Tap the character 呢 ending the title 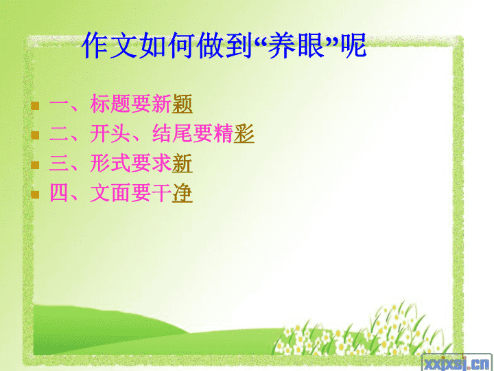353,45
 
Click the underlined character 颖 183,104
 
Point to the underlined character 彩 244,133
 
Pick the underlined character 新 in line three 183,164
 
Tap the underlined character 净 183,193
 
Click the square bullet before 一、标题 35,105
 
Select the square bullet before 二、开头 35,135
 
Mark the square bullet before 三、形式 35,165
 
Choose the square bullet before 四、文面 35,194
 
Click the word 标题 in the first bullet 110,104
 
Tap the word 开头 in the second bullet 110,133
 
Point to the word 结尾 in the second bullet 172,133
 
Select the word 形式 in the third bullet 110,164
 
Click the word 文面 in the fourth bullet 110,193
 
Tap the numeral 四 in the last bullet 59,193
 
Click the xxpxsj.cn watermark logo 457,363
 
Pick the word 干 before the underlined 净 162,193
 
